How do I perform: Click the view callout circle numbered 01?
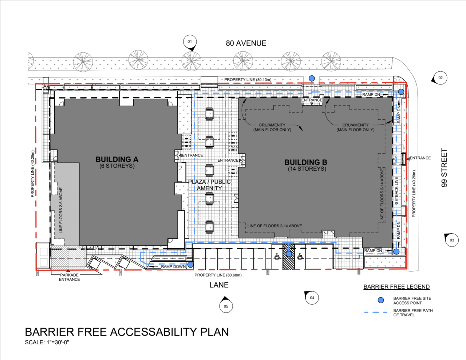(190, 41)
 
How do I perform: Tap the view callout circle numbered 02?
(440, 78)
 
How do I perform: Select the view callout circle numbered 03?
(452, 240)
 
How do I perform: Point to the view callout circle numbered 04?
(312, 298)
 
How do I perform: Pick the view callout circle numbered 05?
(226, 306)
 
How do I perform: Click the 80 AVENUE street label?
(246, 43)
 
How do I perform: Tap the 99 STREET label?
(445, 168)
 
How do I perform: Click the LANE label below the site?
(219, 285)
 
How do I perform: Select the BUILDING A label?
(117, 159)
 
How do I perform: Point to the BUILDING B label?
(306, 162)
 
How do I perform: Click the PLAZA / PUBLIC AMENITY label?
(209, 185)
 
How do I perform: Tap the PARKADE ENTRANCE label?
(69, 277)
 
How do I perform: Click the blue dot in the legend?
(381, 300)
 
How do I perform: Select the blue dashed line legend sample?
(376, 312)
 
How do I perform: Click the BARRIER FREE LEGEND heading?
(396, 287)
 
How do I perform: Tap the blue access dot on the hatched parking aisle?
(289, 254)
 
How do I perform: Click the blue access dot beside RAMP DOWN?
(190, 265)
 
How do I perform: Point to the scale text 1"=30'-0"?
(58, 343)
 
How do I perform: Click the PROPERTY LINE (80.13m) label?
(248, 80)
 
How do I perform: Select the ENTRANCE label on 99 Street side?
(420, 158)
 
